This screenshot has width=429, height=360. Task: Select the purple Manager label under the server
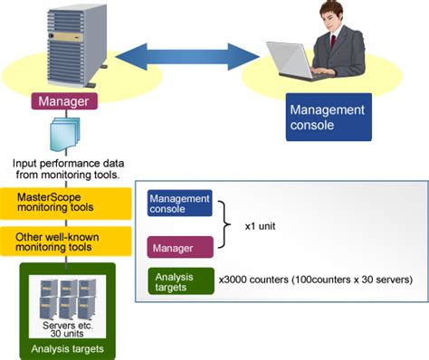63,102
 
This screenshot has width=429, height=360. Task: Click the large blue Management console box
329,116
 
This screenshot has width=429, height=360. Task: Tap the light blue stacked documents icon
63,136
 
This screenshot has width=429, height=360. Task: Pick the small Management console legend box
179,204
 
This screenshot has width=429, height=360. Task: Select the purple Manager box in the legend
179,244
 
